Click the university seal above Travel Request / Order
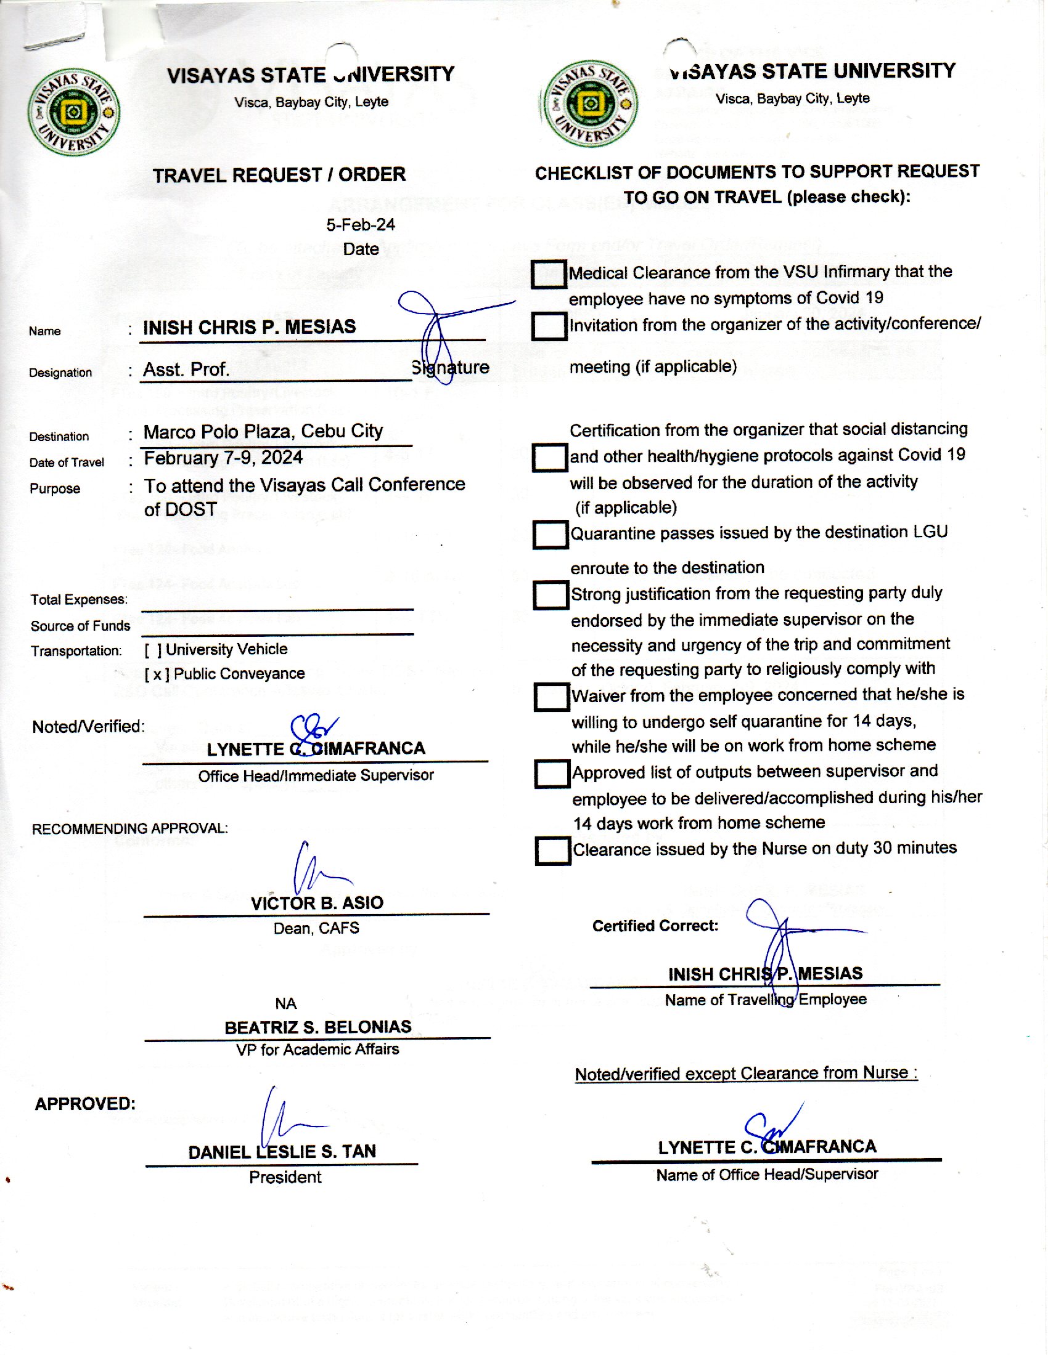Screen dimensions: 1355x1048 74,112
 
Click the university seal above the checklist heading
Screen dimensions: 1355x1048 591,104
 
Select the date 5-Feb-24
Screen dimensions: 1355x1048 361,225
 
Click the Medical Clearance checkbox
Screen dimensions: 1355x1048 548,274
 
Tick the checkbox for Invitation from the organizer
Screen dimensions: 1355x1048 549,326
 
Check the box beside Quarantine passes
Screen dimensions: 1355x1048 550,535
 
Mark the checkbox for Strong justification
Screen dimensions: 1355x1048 551,596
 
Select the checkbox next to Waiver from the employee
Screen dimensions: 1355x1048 551,697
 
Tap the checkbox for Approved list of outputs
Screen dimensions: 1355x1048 552,774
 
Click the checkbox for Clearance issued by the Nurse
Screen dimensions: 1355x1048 552,851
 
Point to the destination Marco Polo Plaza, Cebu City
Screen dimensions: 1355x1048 263,432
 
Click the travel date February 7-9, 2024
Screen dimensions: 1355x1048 224,458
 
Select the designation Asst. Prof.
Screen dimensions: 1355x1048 186,370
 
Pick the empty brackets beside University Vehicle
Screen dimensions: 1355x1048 154,650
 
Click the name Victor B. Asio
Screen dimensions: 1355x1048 317,904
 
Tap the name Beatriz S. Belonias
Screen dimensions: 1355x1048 317,1027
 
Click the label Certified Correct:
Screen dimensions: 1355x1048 655,926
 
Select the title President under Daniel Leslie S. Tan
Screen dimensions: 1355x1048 285,1178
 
